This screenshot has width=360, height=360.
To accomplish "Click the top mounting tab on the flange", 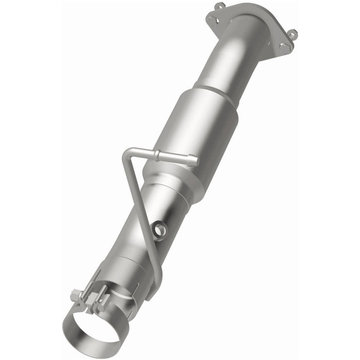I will point(220,7).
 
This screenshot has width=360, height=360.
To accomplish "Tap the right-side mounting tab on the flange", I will point(292,34).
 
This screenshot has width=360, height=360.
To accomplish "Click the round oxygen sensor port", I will point(160,230).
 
